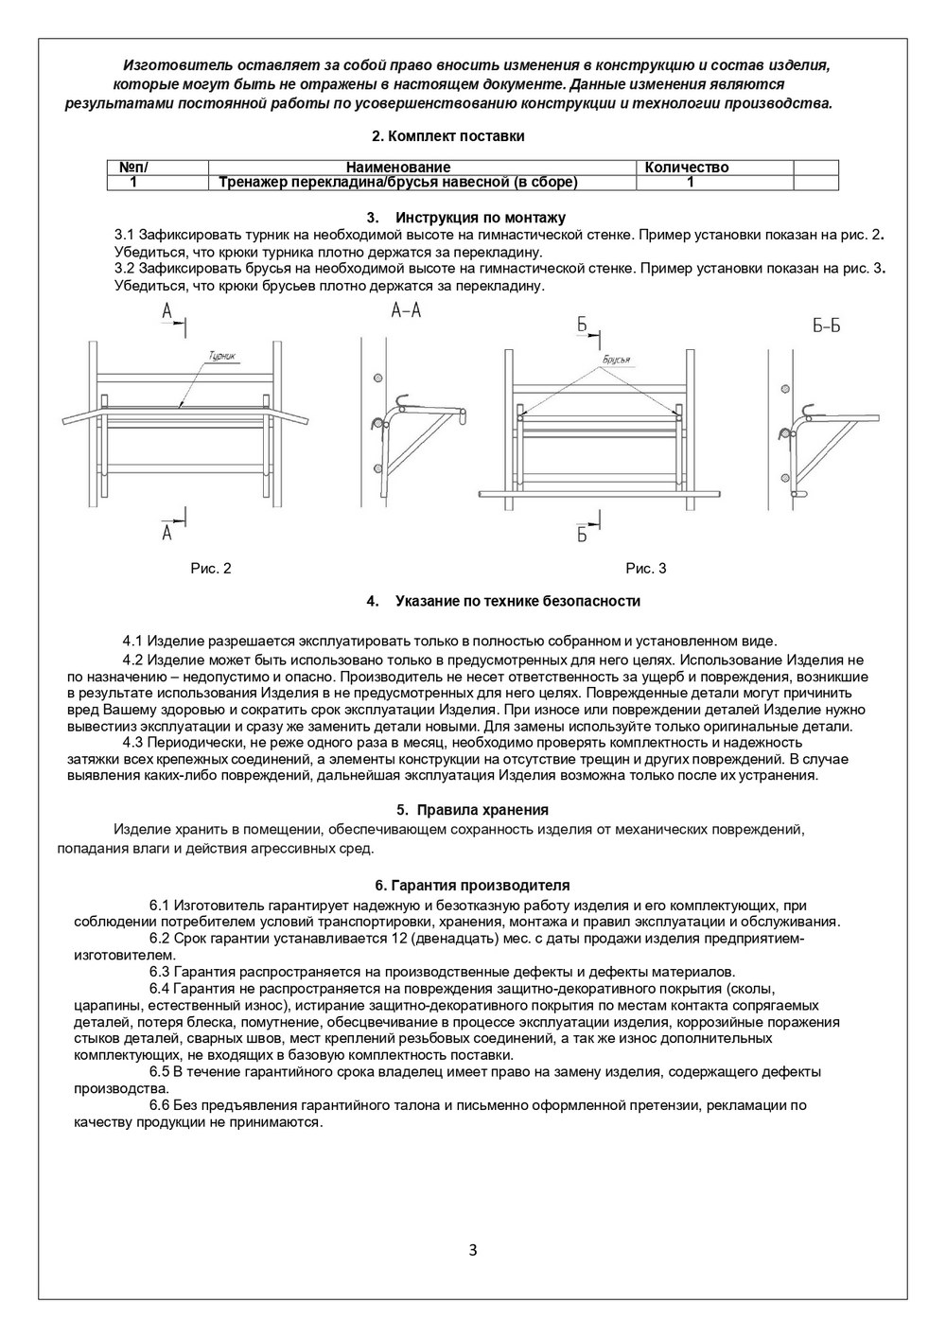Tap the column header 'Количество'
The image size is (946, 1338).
[x=686, y=167]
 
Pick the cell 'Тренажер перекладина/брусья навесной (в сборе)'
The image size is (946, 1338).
[x=397, y=183]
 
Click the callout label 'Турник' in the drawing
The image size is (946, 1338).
[x=221, y=357]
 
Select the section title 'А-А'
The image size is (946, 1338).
[x=405, y=311]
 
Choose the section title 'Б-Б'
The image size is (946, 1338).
[x=826, y=326]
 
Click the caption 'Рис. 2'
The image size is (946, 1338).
[x=211, y=569]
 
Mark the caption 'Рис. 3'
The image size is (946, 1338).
[x=646, y=569]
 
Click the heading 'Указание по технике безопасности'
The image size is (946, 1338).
[x=517, y=601]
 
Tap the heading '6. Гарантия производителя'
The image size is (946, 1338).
[x=473, y=886]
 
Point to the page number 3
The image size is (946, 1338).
[x=473, y=1250]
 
